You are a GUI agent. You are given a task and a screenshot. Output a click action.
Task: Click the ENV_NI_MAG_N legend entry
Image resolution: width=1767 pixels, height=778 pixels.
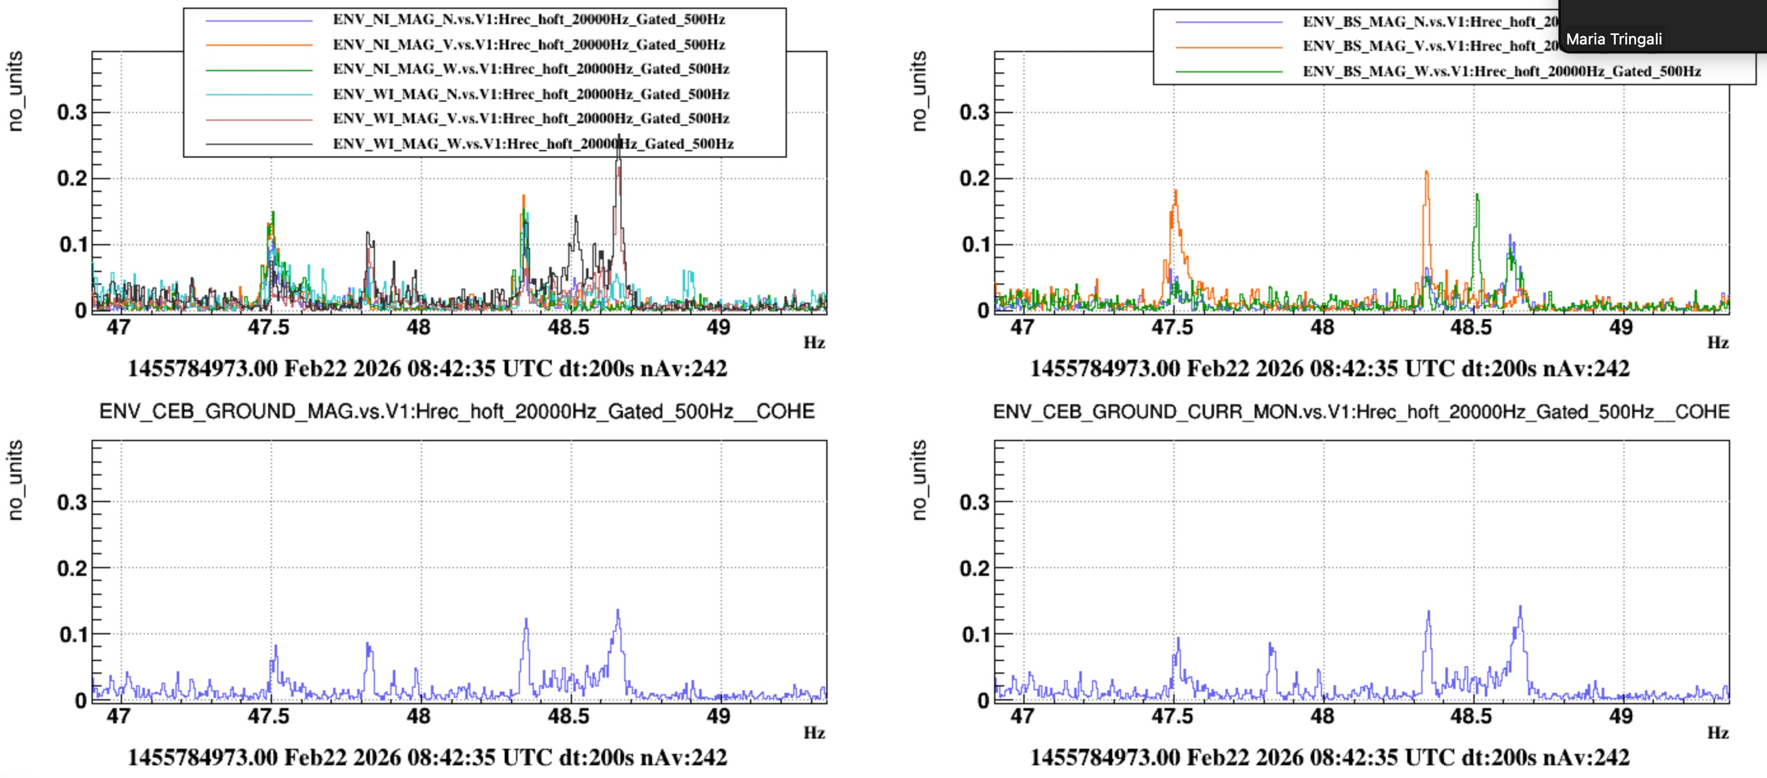(x=528, y=20)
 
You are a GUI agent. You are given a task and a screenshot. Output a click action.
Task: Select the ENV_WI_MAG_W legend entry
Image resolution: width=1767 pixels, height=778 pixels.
(x=533, y=144)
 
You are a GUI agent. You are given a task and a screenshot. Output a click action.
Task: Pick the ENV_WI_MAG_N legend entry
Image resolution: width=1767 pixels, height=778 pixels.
(x=530, y=95)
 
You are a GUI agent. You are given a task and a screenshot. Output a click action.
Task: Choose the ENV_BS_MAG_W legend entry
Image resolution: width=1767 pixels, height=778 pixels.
(x=1501, y=71)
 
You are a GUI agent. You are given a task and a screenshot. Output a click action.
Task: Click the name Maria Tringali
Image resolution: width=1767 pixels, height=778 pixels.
(x=1613, y=40)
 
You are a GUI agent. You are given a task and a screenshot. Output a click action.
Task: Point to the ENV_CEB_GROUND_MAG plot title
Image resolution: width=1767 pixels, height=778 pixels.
(x=457, y=412)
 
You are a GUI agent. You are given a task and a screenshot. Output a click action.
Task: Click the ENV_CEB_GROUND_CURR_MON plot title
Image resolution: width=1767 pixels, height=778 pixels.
(x=1361, y=412)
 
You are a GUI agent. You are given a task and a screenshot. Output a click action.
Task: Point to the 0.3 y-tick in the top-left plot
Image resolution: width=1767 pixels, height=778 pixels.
(x=72, y=113)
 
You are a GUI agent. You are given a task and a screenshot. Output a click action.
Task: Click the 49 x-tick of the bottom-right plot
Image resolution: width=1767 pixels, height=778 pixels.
(x=1621, y=716)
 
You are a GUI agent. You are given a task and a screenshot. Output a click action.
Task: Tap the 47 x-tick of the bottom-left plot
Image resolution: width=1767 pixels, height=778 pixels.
(x=119, y=716)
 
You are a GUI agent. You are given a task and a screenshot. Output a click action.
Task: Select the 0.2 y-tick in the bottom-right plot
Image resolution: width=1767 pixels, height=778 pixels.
(x=974, y=569)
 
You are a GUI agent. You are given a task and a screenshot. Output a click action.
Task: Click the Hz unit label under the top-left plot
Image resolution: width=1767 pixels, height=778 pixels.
(x=814, y=343)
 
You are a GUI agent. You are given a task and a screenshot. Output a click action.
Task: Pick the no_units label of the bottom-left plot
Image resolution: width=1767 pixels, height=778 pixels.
(x=15, y=481)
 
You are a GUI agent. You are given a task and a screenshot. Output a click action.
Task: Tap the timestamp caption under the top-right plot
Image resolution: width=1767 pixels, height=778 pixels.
(x=1329, y=369)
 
